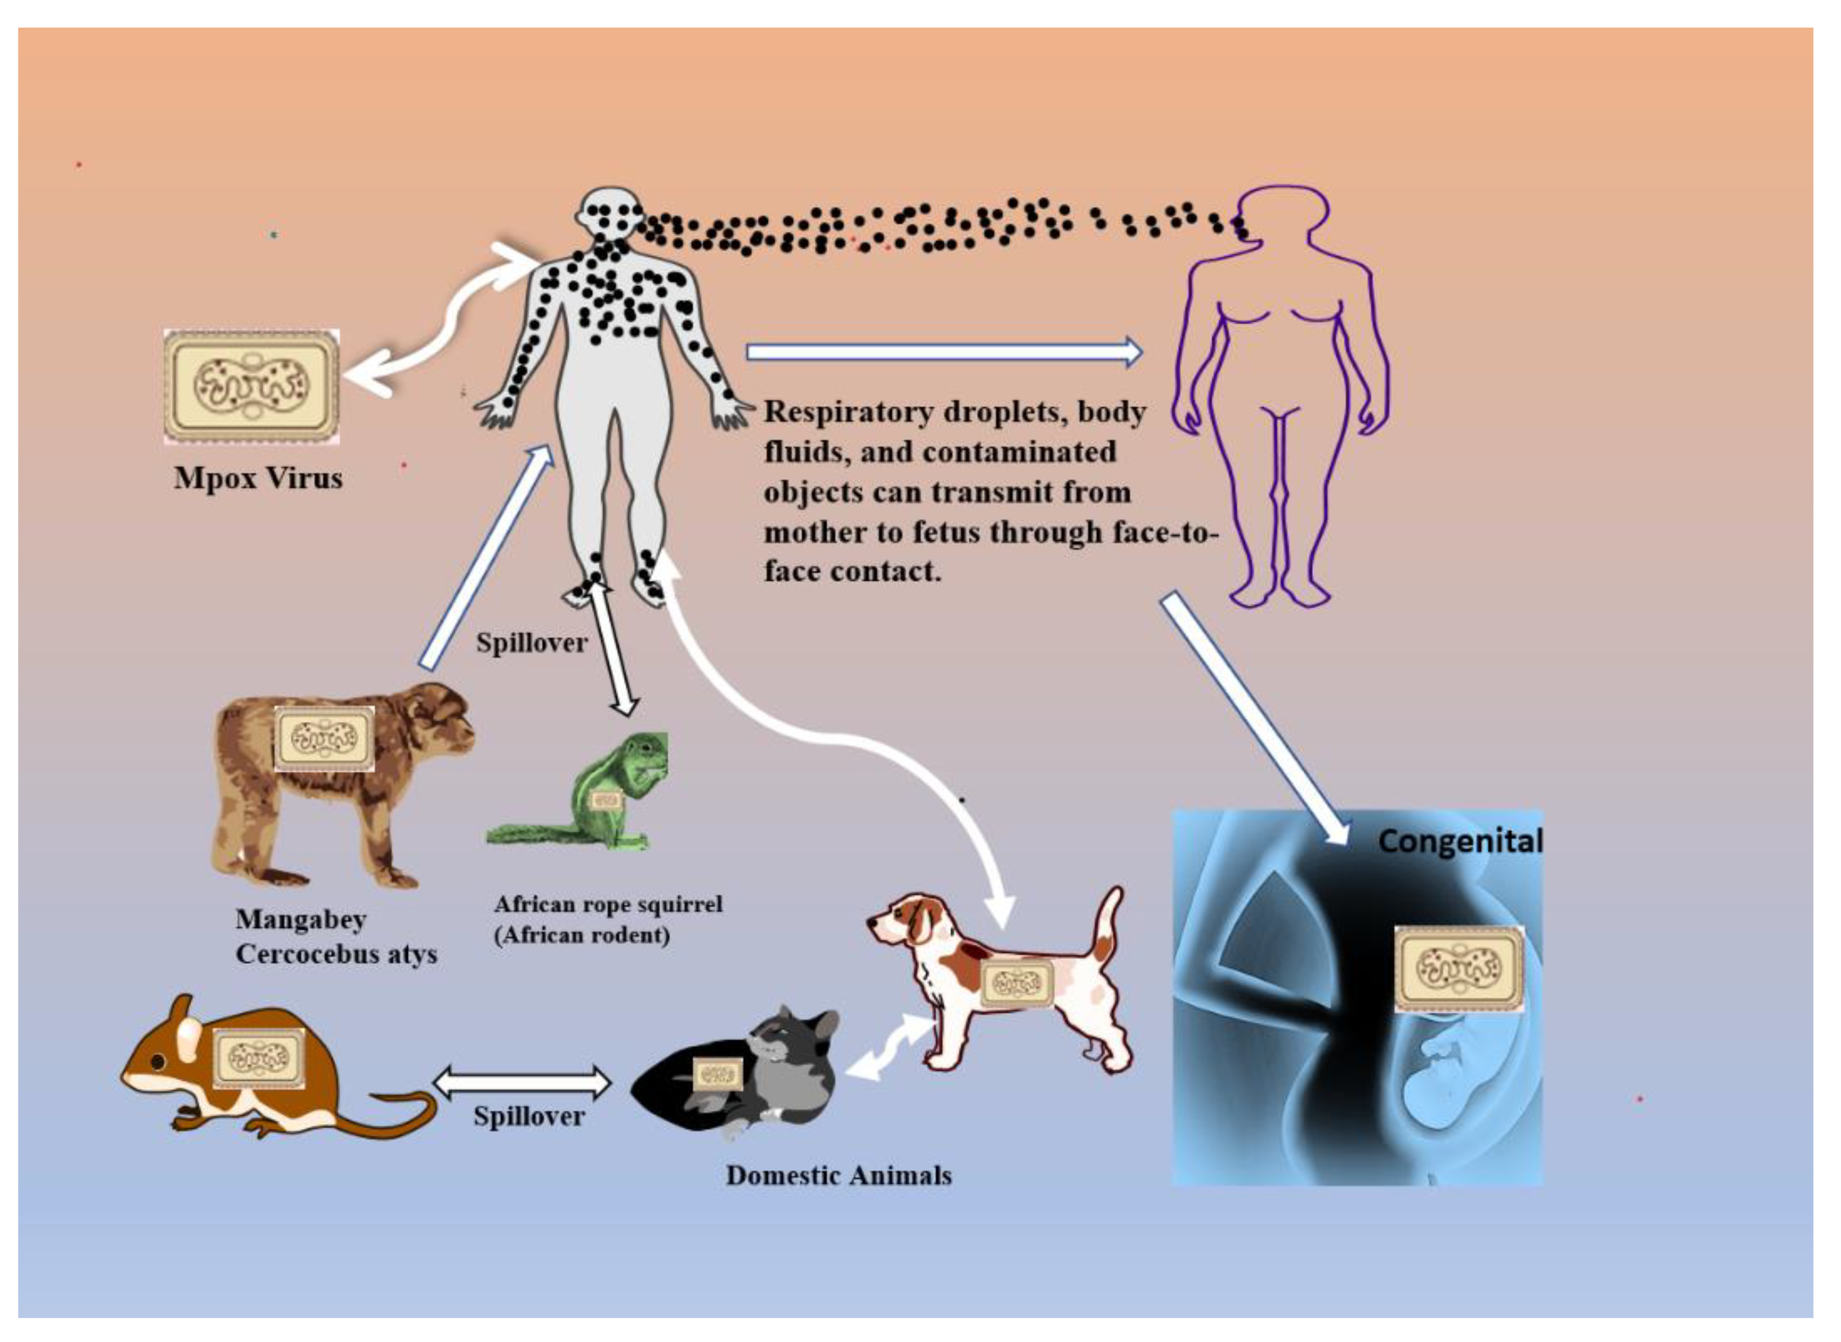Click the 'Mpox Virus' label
(258, 479)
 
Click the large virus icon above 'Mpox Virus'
(252, 386)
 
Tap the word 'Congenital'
(1459, 841)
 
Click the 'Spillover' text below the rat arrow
(529, 1116)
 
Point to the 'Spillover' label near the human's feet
(531, 643)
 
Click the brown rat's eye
(158, 1062)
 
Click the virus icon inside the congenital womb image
(1459, 968)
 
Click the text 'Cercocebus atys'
(336, 954)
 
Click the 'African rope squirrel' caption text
(608, 904)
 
